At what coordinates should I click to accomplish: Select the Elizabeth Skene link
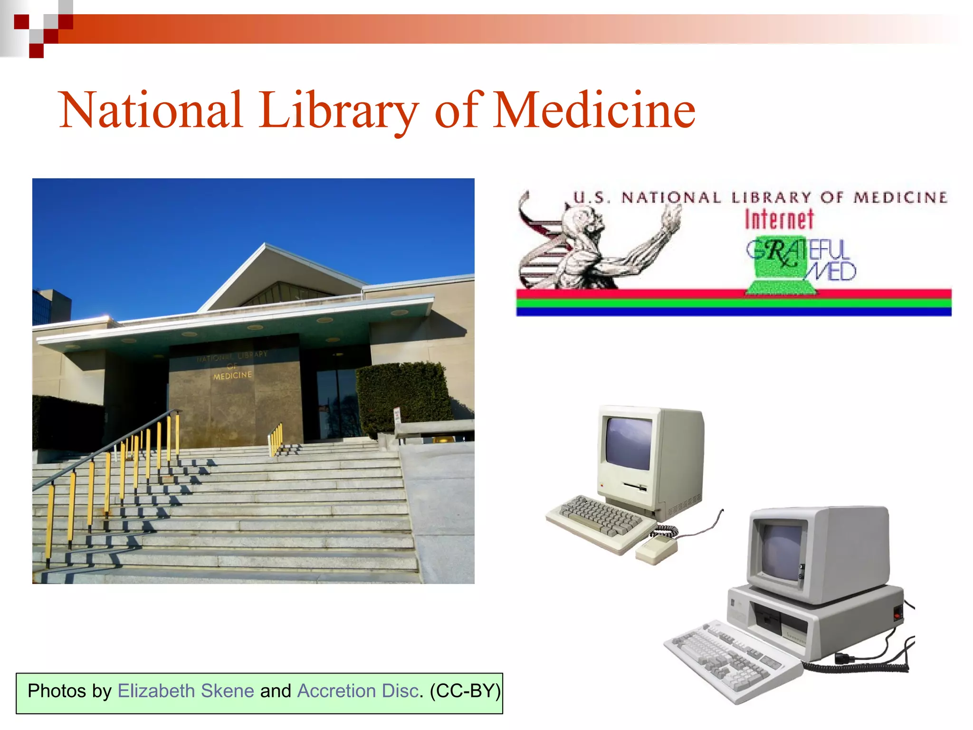click(x=186, y=691)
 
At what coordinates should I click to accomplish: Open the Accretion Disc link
click(x=358, y=691)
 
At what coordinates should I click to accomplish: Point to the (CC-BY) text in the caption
click(x=465, y=691)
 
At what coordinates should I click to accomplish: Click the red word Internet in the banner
click(x=779, y=220)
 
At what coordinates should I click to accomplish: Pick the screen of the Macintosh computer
click(x=628, y=443)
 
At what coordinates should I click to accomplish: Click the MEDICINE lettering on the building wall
click(x=232, y=375)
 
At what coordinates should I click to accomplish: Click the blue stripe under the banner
click(x=734, y=312)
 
